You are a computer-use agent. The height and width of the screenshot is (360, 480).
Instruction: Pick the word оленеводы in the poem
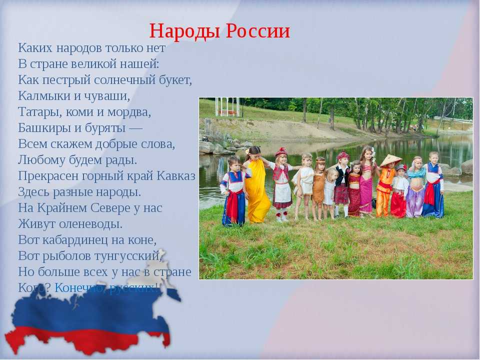90,224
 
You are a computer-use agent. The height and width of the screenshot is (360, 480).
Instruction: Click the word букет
175,80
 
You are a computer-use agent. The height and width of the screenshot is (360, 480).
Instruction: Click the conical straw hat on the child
391,160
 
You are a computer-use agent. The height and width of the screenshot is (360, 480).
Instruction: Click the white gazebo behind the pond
227,107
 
